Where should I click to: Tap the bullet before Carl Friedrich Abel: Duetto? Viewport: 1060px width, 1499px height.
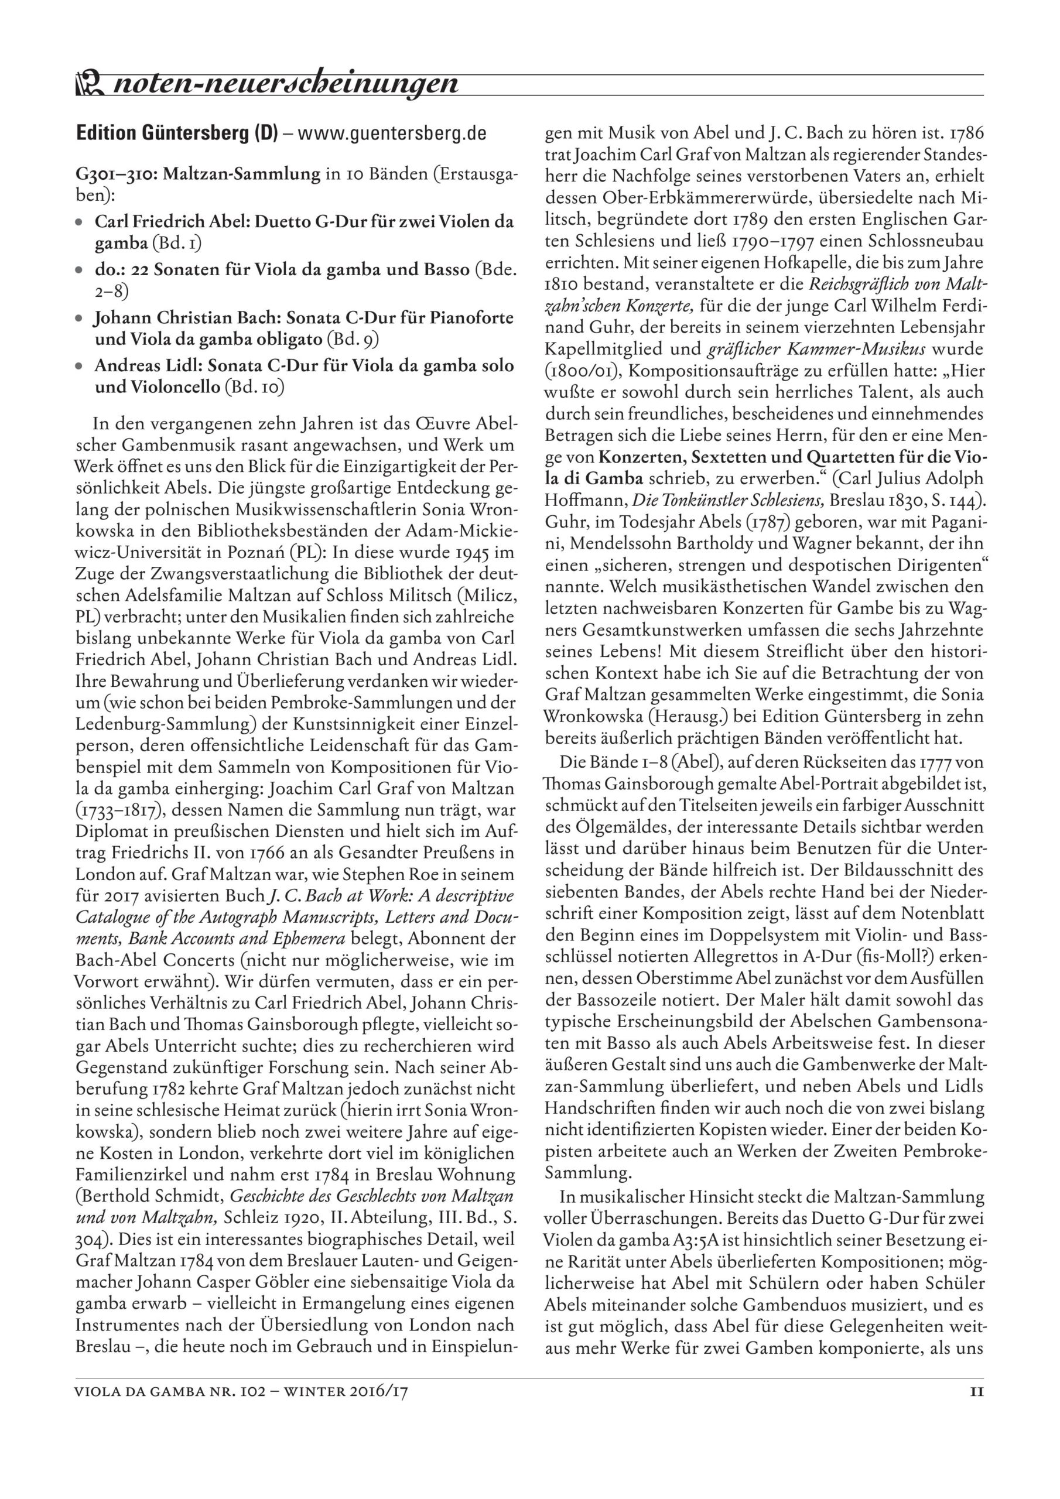tap(79, 222)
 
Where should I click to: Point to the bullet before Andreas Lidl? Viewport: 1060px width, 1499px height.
tap(79, 367)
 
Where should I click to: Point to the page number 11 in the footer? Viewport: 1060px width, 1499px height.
tap(976, 1391)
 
